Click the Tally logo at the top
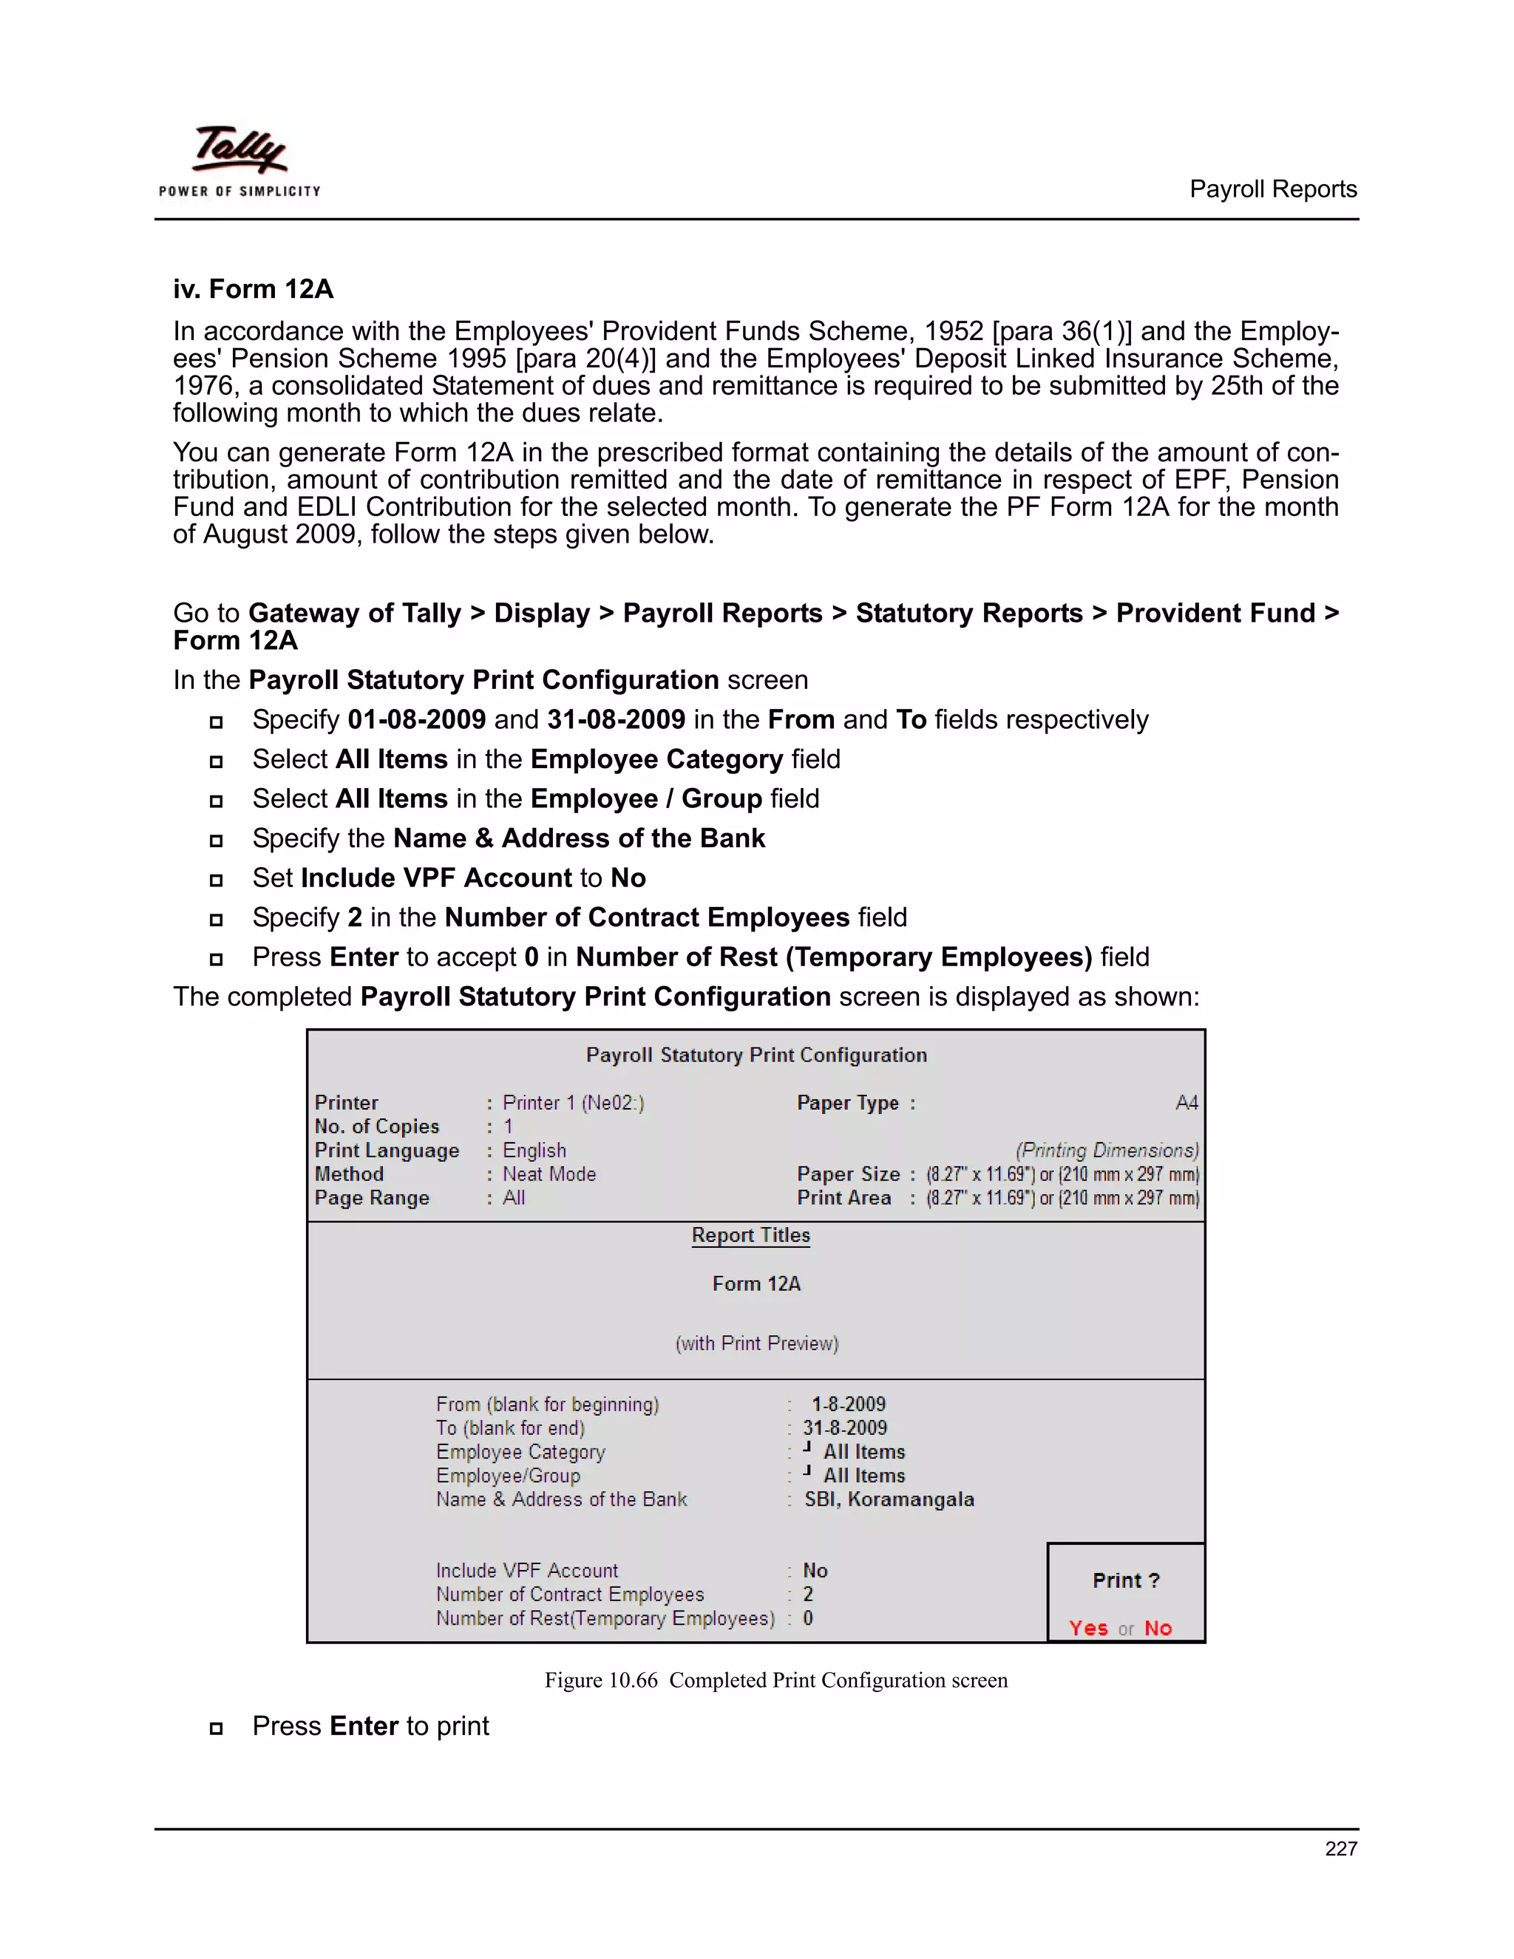[x=240, y=160]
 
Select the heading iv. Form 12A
[x=253, y=289]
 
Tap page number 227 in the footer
[x=1340, y=1848]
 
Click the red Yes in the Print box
[x=1088, y=1628]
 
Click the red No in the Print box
[x=1157, y=1628]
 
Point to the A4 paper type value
[x=1186, y=1102]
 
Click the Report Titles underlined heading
[x=751, y=1235]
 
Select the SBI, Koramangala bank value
[x=889, y=1499]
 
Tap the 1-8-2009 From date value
[x=849, y=1404]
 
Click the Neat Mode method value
[x=549, y=1174]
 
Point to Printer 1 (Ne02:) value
[x=573, y=1102]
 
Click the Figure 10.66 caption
[x=775, y=1680]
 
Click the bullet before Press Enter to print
[x=216, y=1728]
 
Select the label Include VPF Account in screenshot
[x=526, y=1571]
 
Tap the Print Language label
[x=387, y=1150]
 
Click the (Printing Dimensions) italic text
[x=1107, y=1150]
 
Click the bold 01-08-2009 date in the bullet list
[x=416, y=719]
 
